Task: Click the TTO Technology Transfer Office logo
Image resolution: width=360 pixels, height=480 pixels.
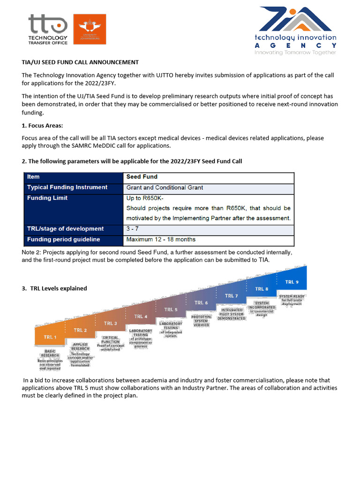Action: [48, 29]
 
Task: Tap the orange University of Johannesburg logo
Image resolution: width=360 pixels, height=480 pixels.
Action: [90, 29]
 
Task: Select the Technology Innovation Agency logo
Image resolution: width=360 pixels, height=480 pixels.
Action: [295, 30]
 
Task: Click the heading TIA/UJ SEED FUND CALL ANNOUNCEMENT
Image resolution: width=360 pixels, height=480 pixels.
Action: [80, 62]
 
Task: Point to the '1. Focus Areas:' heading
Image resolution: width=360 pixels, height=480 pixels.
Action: [42, 126]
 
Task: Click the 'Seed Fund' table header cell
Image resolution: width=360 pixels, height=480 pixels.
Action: [142, 177]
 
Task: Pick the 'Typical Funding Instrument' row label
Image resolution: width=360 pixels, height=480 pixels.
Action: [67, 187]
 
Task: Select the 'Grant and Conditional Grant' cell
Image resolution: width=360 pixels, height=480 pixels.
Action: [165, 187]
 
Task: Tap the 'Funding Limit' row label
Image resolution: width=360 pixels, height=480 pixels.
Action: [47, 198]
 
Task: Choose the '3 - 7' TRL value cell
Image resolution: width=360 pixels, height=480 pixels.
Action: [133, 229]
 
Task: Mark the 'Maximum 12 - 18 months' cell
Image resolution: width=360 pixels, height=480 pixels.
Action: [161, 240]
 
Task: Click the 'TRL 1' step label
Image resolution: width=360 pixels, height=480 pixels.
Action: [50, 337]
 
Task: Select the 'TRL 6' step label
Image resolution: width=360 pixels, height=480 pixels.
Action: [200, 303]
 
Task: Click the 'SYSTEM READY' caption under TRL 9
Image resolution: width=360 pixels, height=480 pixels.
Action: [292, 297]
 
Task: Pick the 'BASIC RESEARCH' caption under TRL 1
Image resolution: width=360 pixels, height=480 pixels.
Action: [50, 353]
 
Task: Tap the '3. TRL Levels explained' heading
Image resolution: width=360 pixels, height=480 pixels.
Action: [54, 288]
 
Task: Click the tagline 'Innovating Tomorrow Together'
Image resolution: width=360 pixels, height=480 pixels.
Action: [295, 52]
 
